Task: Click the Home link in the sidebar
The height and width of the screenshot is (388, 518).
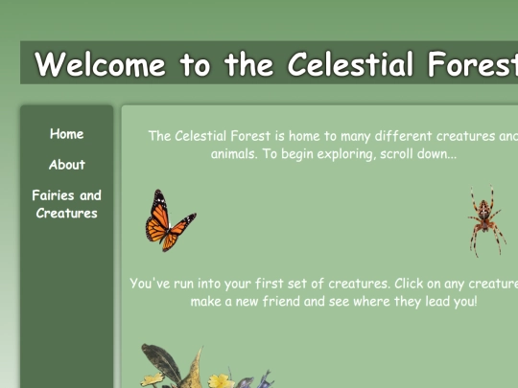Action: pos(67,134)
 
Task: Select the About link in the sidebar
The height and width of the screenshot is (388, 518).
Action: pos(67,165)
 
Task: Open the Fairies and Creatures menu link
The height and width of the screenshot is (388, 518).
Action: pos(67,204)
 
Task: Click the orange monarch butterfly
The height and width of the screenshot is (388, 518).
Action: pos(169,221)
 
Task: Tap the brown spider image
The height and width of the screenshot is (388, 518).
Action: pos(485,219)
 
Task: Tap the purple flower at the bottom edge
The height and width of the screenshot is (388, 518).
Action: pos(247,383)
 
